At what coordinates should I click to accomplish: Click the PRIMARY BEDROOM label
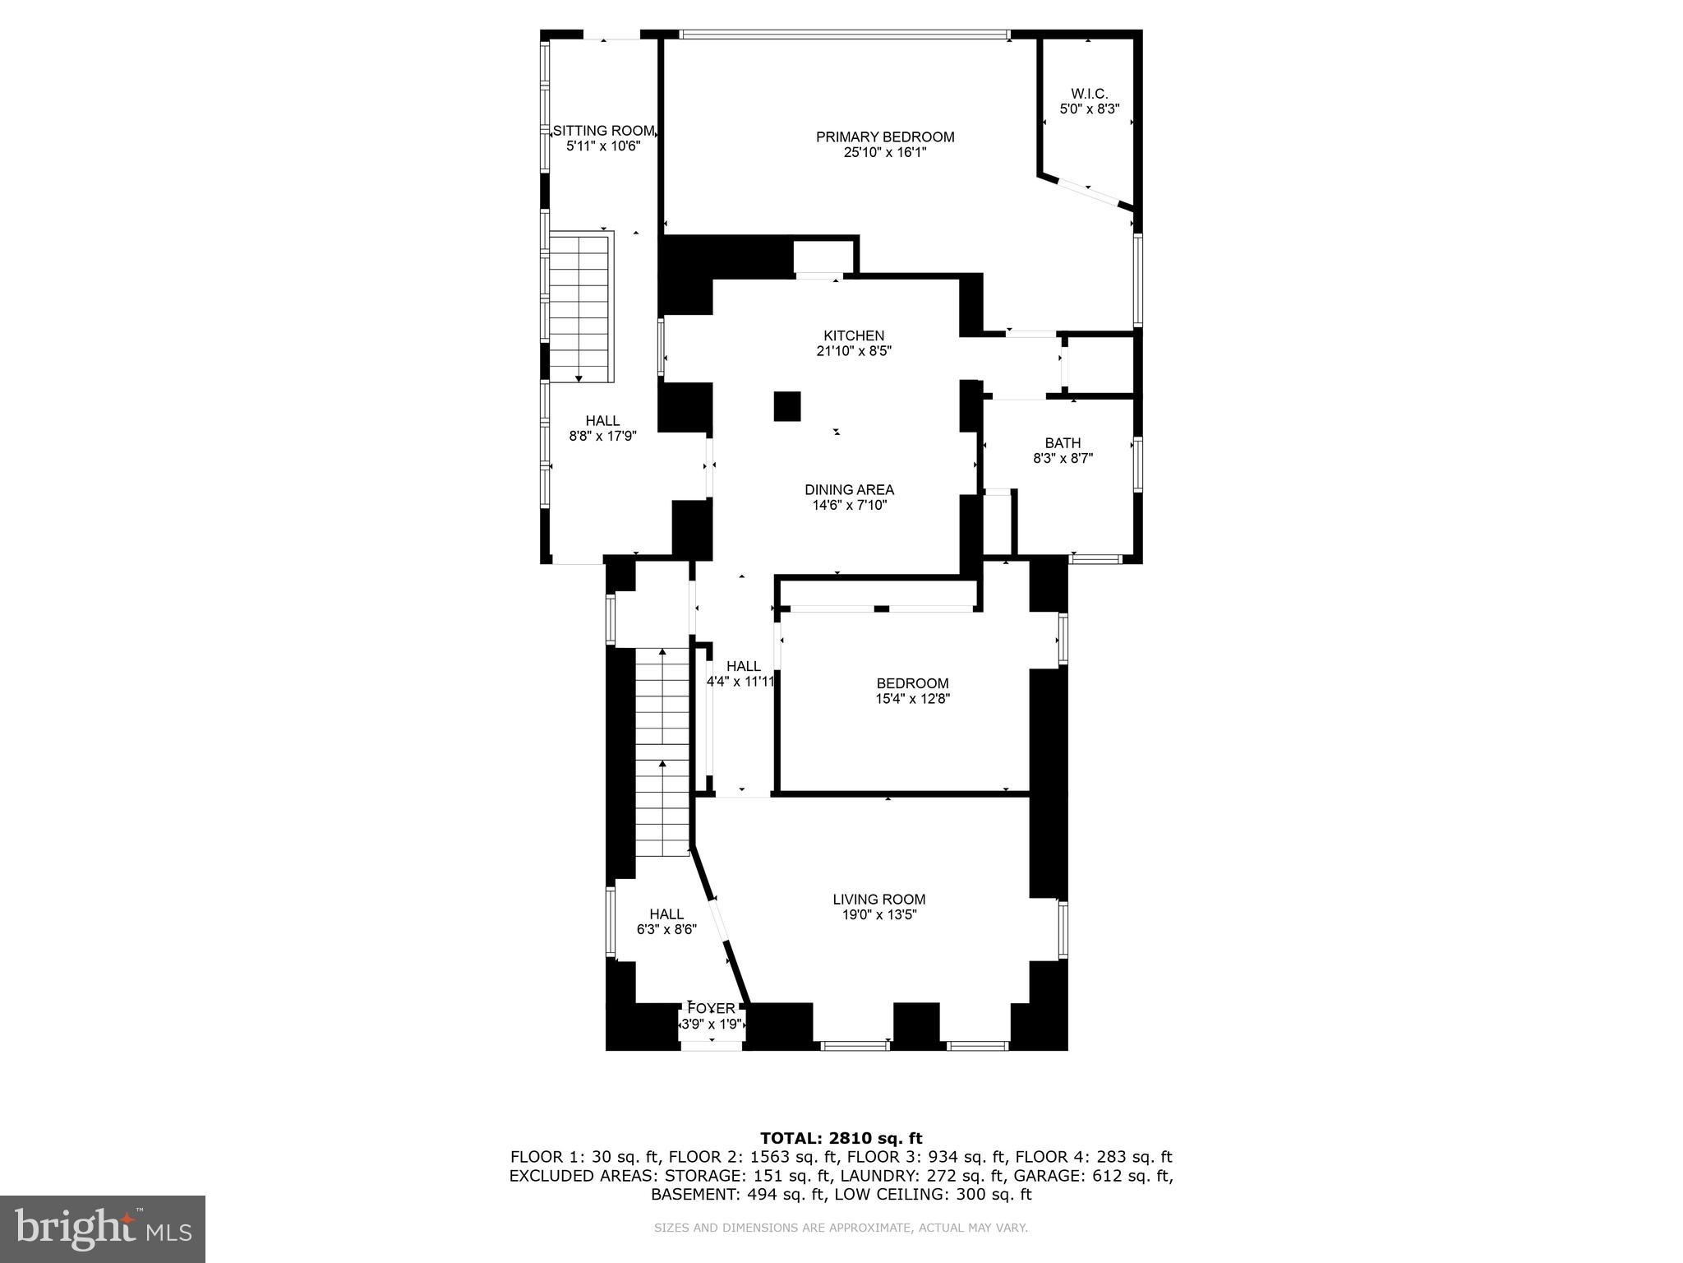click(885, 137)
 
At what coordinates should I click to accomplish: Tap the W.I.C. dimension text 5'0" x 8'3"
click(1090, 109)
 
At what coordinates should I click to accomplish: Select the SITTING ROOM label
click(603, 131)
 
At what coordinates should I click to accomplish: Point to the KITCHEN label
click(854, 335)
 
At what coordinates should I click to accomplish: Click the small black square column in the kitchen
click(786, 406)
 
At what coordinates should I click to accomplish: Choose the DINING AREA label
click(849, 490)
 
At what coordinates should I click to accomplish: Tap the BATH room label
click(1063, 443)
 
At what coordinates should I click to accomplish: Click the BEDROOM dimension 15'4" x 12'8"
click(912, 699)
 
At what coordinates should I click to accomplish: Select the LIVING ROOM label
click(878, 900)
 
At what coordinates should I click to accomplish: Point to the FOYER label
click(712, 1008)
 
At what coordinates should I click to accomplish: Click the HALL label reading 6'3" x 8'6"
click(666, 922)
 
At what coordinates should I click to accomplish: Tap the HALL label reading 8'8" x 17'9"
click(602, 428)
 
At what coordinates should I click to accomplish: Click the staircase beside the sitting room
click(581, 308)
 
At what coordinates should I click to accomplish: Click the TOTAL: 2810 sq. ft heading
click(841, 1138)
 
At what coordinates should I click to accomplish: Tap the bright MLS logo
click(103, 1228)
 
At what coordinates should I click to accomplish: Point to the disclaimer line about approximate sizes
click(841, 1228)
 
